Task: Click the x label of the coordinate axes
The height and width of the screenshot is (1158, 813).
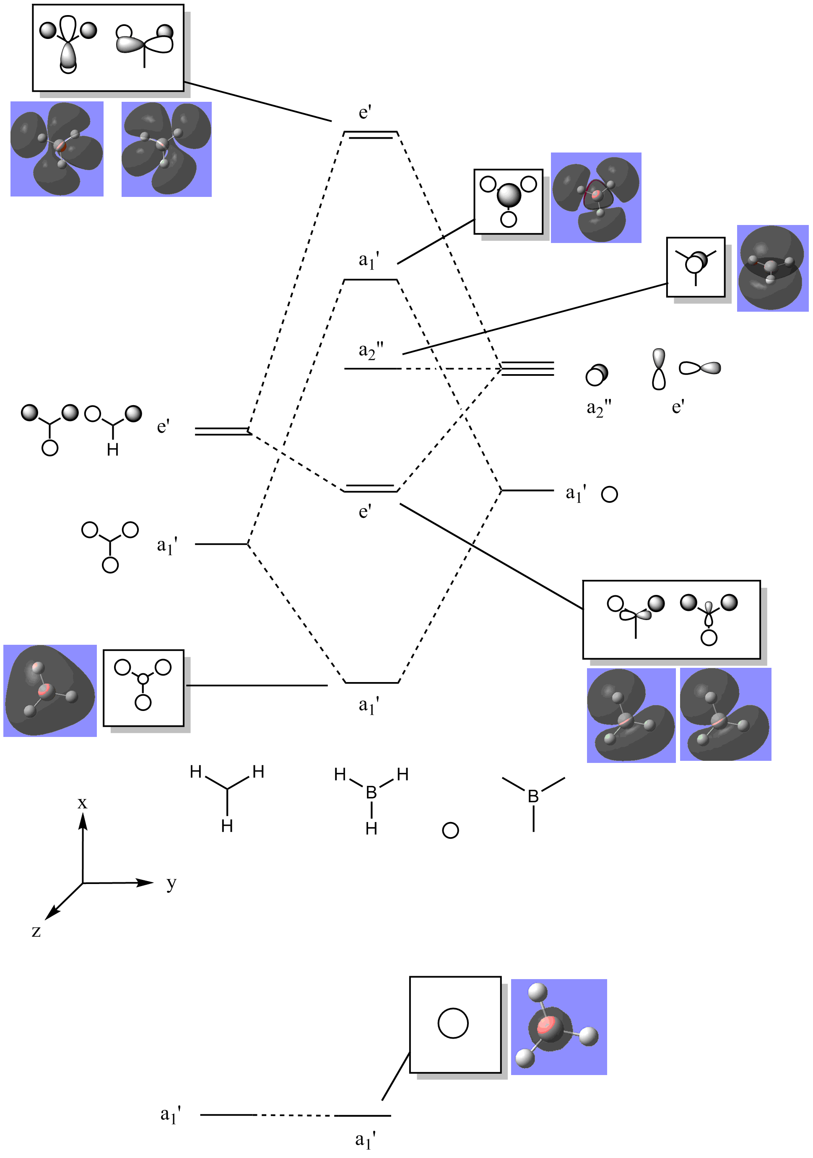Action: [82, 803]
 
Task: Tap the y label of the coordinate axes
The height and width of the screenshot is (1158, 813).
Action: [171, 884]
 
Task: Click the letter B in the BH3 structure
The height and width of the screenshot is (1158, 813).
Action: [371, 792]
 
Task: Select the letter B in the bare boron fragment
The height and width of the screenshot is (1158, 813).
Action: [533, 796]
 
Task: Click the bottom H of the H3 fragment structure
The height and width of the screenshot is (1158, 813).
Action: [227, 826]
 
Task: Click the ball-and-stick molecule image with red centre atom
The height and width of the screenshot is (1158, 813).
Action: [558, 1027]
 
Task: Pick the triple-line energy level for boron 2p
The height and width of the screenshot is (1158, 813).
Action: [527, 369]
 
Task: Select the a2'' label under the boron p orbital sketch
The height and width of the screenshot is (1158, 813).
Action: [599, 408]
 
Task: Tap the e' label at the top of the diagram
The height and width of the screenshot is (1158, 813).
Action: [365, 112]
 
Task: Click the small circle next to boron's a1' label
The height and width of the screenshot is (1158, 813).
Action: [610, 494]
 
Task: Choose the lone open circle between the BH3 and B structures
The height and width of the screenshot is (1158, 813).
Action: [450, 831]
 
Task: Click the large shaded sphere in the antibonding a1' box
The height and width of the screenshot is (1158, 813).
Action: [509, 195]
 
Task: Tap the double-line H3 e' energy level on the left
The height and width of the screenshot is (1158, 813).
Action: [223, 431]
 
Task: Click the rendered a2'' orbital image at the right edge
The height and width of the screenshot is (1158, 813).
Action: [773, 268]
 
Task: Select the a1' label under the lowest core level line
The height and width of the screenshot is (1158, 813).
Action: [365, 1140]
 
